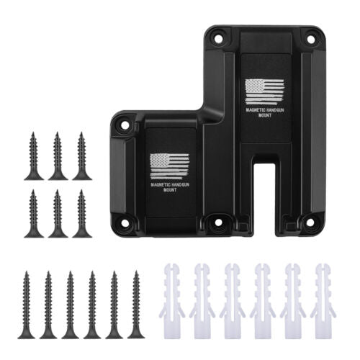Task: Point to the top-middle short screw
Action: pos(58,156)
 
